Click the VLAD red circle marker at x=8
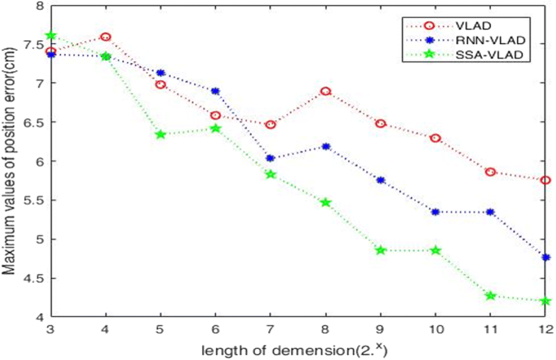326,91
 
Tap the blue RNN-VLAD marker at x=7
271,158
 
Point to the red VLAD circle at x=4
106,37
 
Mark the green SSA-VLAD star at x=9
380,250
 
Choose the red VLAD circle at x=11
490,172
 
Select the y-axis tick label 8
39,6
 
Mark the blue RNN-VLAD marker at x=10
436,212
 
